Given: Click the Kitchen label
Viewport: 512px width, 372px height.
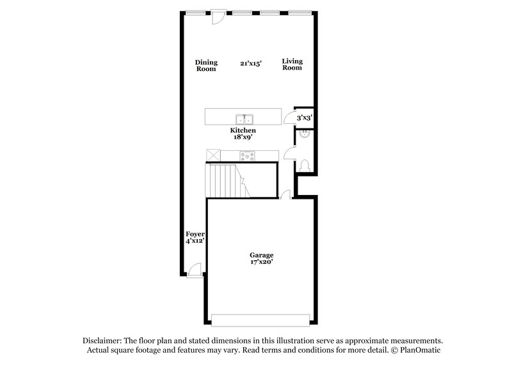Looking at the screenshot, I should (x=243, y=130).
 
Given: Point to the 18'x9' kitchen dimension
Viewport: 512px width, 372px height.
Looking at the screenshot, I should (x=243, y=137).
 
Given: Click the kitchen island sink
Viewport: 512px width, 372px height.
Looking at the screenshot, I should (x=244, y=119).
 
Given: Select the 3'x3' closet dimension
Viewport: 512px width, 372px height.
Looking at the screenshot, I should (x=304, y=118).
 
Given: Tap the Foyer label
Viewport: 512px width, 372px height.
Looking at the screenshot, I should (x=195, y=235).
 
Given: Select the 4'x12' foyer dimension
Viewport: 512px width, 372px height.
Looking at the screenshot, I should (x=195, y=242).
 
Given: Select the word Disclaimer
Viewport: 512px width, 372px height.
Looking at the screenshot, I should (x=103, y=341).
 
